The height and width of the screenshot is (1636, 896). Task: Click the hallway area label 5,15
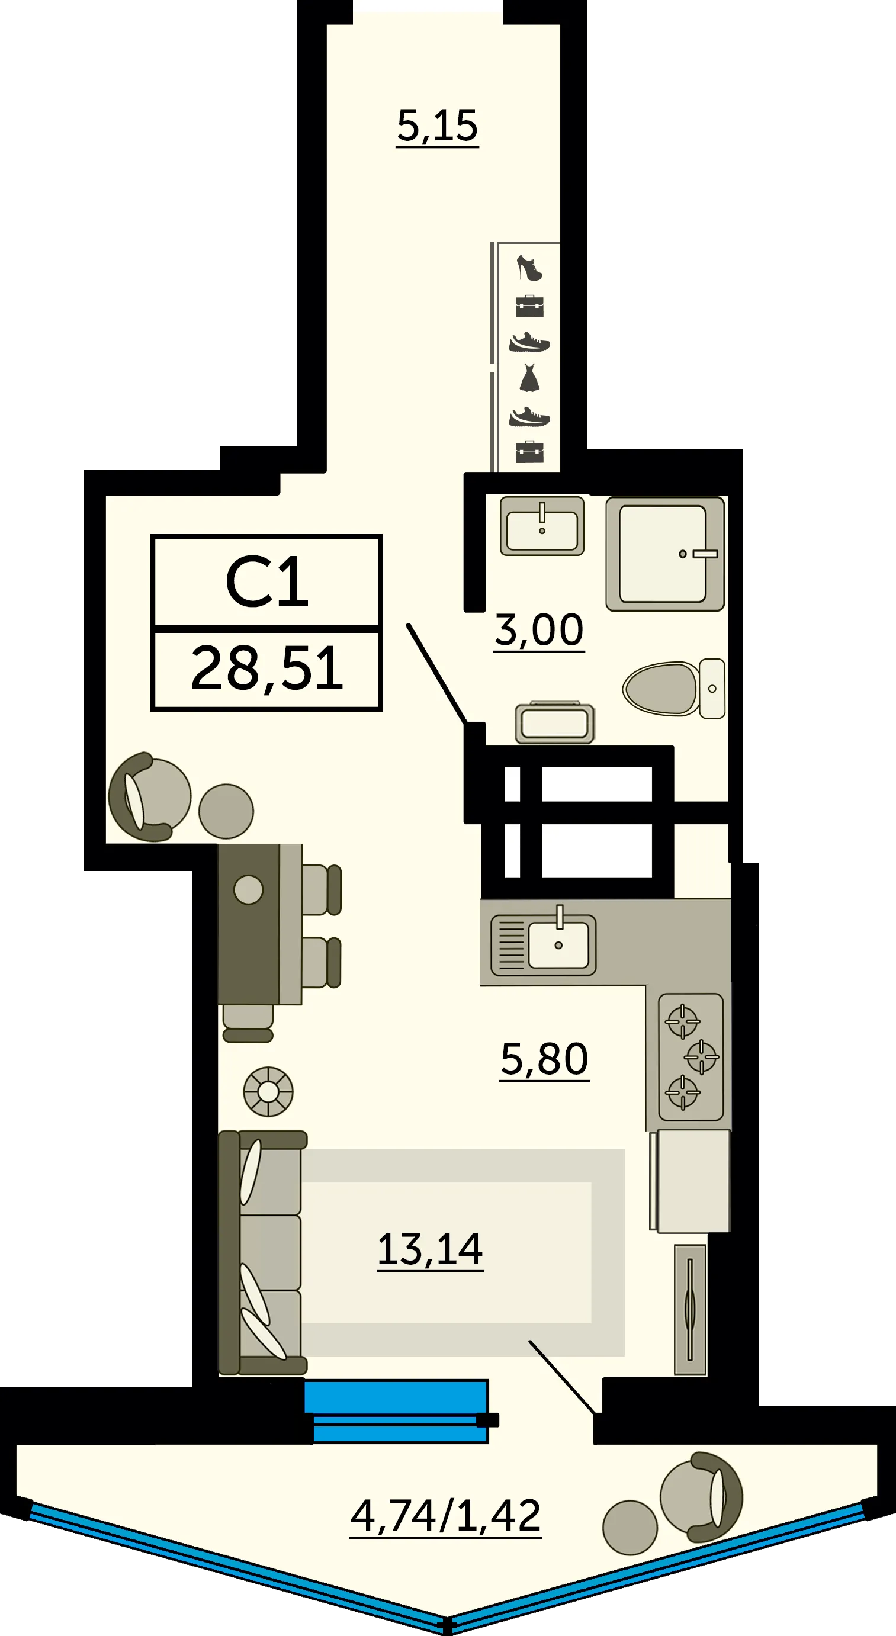click(x=437, y=126)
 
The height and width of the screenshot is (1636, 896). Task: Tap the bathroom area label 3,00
click(x=539, y=631)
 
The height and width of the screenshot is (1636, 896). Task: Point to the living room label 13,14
click(x=430, y=1249)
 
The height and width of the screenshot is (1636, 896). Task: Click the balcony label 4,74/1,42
click(x=446, y=1516)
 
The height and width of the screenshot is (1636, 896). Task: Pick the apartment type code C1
click(x=266, y=581)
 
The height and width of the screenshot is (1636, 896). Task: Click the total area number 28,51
click(x=266, y=668)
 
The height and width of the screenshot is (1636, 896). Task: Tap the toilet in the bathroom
click(x=674, y=689)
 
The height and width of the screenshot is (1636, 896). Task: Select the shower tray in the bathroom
click(x=665, y=553)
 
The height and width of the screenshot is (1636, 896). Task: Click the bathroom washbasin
click(x=542, y=526)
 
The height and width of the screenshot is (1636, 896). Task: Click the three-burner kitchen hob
click(x=691, y=1057)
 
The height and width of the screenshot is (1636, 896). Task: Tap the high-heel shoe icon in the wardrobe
click(x=529, y=268)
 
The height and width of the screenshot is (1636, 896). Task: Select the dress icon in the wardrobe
click(x=529, y=377)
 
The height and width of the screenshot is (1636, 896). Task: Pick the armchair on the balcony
click(x=701, y=1496)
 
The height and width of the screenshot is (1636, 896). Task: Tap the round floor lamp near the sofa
click(x=269, y=1092)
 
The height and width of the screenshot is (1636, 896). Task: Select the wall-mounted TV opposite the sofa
click(x=691, y=1310)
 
